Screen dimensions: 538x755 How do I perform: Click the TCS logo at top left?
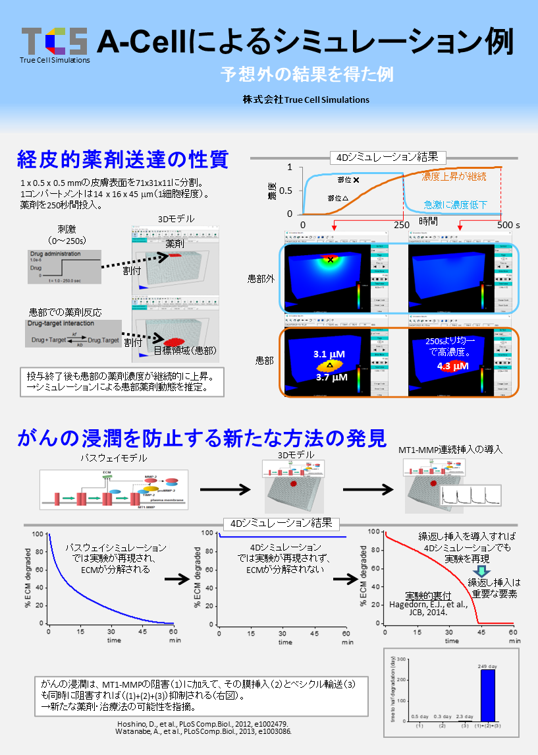point(54,41)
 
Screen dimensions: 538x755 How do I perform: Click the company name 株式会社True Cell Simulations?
point(306,100)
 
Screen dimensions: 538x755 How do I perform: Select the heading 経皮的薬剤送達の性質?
point(123,159)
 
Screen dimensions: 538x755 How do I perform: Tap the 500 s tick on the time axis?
point(508,225)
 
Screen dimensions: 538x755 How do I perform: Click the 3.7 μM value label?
point(331,378)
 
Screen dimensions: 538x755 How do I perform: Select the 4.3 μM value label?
point(452,366)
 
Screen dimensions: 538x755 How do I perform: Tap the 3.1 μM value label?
point(329,354)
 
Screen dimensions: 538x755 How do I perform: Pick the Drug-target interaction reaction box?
point(74,334)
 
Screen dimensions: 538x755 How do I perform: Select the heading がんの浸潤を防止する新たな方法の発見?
point(202,437)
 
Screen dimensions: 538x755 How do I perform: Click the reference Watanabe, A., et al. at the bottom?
point(200,731)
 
